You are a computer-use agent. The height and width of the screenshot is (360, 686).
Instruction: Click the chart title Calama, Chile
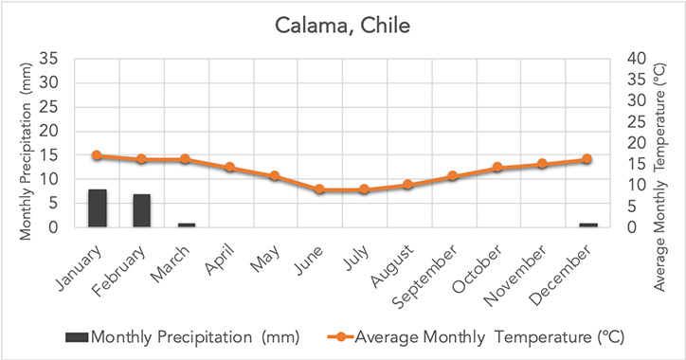pos(342,25)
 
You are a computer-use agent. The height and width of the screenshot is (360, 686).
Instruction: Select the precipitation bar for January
pos(98,208)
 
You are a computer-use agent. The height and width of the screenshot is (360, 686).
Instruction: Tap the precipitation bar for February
pos(142,210)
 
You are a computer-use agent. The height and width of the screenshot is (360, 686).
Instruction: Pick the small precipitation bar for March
pos(187,225)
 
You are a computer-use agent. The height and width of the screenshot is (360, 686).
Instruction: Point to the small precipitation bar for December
pos(587,225)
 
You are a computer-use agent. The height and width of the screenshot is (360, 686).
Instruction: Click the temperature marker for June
pos(320,189)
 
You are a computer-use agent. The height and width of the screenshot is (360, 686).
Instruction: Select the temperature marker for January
pos(98,155)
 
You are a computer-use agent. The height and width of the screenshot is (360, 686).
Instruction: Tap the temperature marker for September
pos(454,176)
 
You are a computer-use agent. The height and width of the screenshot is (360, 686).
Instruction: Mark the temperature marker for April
pos(231,168)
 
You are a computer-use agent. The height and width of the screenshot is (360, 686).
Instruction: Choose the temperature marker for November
pos(543,164)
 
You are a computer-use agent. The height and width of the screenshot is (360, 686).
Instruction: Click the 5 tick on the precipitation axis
pos(55,204)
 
